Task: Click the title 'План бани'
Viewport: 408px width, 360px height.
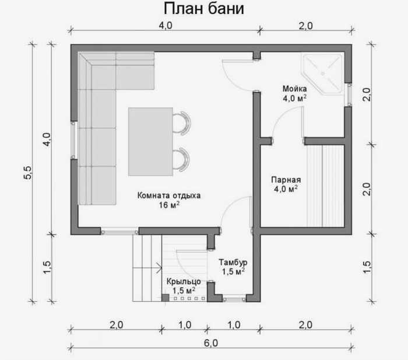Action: (x=204, y=9)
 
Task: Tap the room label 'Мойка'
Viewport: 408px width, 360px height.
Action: (x=294, y=89)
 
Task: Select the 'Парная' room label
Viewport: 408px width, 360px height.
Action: (x=286, y=180)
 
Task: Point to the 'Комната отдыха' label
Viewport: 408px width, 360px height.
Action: (x=169, y=195)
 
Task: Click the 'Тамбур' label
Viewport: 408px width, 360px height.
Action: (x=233, y=262)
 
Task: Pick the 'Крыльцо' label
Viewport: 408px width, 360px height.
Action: (x=184, y=282)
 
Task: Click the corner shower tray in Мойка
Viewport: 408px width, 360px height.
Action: (x=322, y=74)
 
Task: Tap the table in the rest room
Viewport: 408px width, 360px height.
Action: (x=150, y=141)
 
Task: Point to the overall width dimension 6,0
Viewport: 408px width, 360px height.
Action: (x=211, y=343)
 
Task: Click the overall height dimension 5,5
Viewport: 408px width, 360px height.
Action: (x=27, y=172)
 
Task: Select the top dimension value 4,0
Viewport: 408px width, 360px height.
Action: (x=166, y=26)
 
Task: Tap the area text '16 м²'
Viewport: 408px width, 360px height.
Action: (x=170, y=205)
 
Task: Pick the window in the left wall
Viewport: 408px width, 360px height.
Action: (x=73, y=140)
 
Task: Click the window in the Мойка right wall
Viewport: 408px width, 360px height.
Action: (x=348, y=95)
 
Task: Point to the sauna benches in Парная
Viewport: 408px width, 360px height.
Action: (x=325, y=186)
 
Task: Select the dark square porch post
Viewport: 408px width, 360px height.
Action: (x=165, y=298)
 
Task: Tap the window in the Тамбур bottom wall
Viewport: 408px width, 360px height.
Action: (x=234, y=299)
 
